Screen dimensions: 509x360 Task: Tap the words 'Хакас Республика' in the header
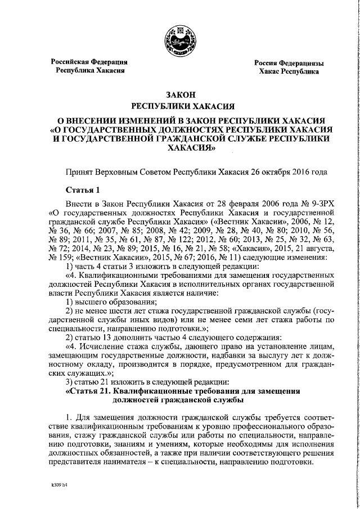(289, 72)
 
